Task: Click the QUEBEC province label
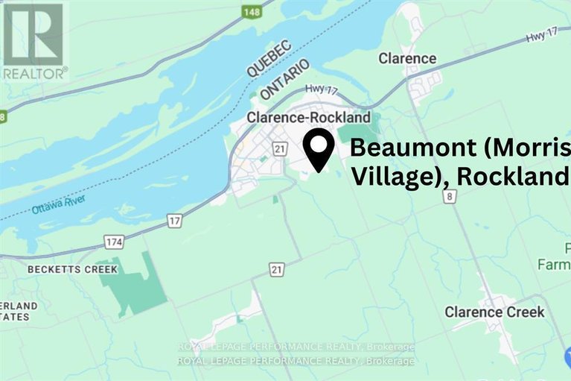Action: [269, 57]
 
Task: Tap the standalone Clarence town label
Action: [407, 58]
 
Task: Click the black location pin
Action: [320, 150]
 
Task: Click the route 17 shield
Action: [175, 221]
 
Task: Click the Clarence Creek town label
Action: [494, 312]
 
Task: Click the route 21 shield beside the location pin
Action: [279, 150]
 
